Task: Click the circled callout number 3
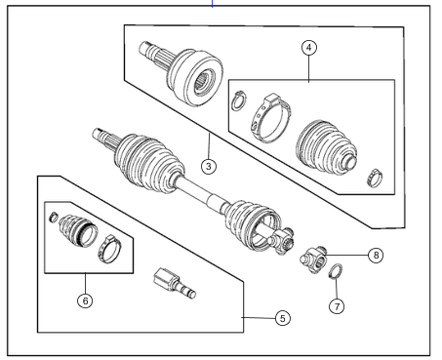207,165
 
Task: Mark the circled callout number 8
376,255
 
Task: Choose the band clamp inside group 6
108,250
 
